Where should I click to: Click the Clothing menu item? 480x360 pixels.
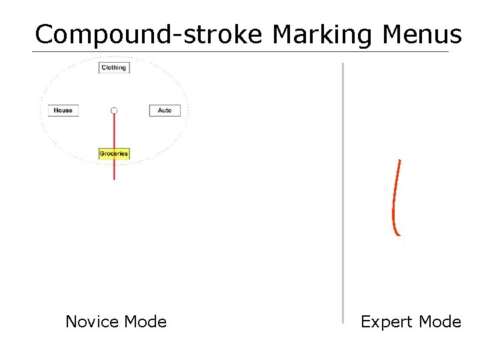113,67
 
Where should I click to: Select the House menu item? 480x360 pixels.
63,110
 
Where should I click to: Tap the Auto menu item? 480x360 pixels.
165,110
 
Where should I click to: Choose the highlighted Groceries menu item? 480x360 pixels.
113,153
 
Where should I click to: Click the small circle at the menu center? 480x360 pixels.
114,110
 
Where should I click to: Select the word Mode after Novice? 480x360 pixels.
145,322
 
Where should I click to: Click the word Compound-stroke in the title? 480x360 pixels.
149,34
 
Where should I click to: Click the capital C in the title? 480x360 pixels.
45,34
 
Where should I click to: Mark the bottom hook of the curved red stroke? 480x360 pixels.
397,234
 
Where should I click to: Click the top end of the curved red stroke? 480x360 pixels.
399,161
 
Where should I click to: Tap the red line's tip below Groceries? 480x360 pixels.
114,178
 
